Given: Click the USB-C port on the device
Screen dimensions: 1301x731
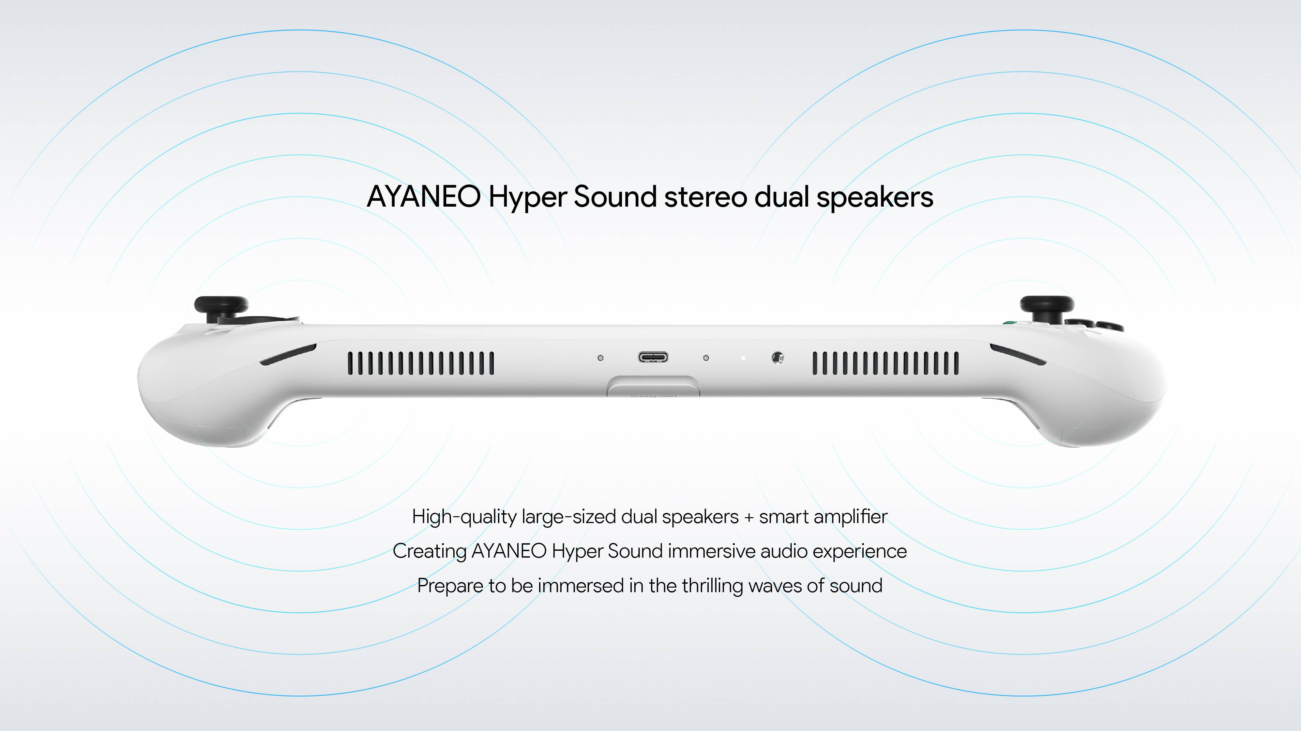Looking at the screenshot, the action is coord(653,358).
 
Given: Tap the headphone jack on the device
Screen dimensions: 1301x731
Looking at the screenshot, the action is coord(778,358).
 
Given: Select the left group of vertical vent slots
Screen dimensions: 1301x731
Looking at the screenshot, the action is coord(421,363).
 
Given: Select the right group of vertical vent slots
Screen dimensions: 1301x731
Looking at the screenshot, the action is coord(885,363).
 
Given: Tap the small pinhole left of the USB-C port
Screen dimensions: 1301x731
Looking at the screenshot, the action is coord(600,358).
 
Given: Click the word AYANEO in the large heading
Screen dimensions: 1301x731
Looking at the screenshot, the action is coord(424,197).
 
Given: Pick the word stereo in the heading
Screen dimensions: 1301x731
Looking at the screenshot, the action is coord(705,197).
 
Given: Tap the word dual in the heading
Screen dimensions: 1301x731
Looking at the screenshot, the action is coord(782,197).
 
